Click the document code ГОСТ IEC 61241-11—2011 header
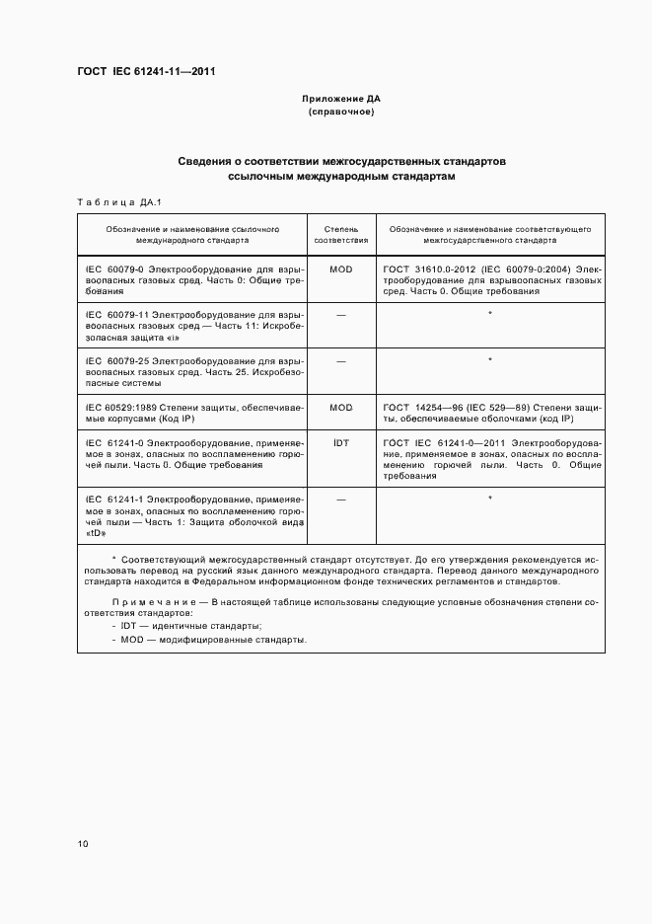click(146, 72)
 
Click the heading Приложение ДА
click(340, 100)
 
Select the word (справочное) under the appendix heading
click(340, 113)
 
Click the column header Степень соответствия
click(340, 234)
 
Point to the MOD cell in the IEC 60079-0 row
click(340, 269)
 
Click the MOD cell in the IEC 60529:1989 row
click(340, 407)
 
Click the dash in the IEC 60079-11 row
click(340, 315)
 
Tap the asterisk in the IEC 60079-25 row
click(490, 360)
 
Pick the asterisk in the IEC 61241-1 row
click(490, 500)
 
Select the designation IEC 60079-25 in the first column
click(114, 360)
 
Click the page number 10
click(83, 844)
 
